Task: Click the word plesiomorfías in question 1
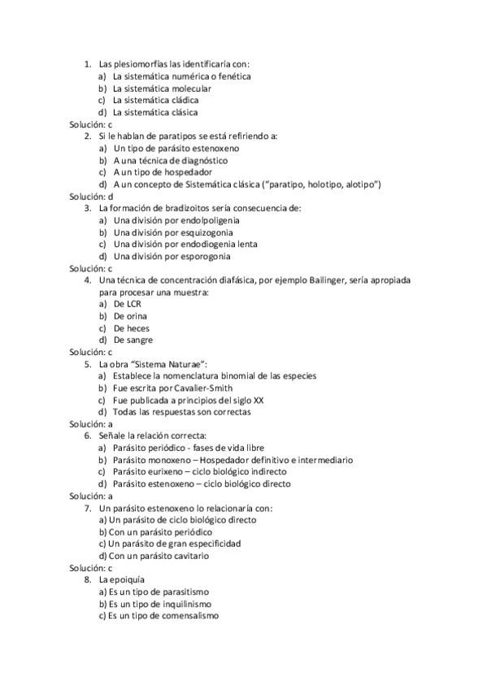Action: pos(137,64)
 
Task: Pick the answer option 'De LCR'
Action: pos(127,304)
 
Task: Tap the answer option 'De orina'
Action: pos(131,316)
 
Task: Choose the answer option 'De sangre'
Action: pos(133,340)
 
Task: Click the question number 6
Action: pos(88,435)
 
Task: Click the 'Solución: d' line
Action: pos(91,197)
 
